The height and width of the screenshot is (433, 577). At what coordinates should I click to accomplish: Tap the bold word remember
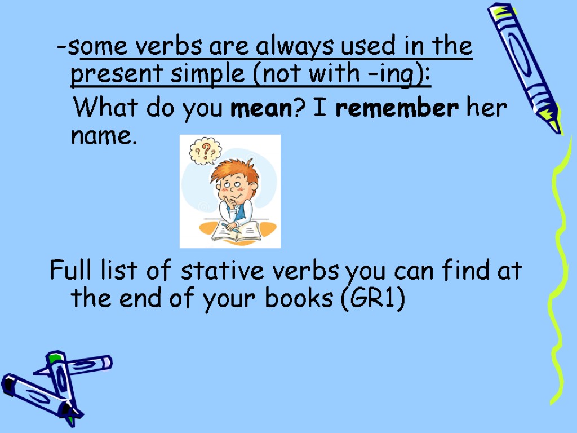397,108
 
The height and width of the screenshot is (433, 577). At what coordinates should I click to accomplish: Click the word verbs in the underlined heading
172,46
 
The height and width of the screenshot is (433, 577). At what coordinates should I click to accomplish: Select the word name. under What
104,135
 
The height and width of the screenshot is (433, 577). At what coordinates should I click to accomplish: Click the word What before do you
106,108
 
